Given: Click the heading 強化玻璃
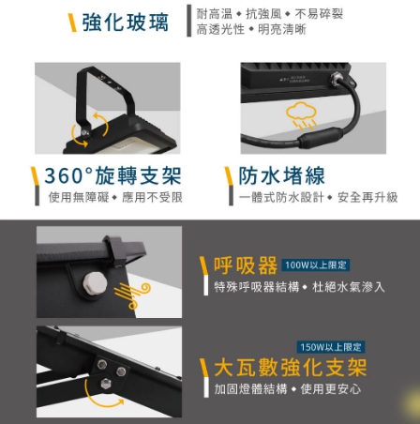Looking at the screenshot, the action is pos(126,23).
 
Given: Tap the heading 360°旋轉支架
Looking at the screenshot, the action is pos(112,175).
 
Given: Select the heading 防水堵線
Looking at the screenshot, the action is pos(282,175).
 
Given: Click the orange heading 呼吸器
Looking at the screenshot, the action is pos(246,265).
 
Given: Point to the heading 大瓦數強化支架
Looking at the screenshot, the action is pos(291,368).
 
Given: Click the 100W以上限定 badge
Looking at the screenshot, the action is pos(316,265).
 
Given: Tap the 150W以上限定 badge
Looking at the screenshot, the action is pos(331,347).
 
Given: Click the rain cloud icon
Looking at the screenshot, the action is pos(301,115).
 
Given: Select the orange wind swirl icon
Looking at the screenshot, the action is pos(132,295).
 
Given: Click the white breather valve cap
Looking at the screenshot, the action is pos(95,282).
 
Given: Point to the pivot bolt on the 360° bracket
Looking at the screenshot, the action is pos(84,133).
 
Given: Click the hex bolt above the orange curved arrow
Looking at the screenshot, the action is pos(106,384).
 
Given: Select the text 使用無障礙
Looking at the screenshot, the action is pos(79,197).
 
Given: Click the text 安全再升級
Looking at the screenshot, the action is pos(367,197).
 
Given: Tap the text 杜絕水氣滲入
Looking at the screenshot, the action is pos(349,287).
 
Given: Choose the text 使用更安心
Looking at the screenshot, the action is pos(331,389).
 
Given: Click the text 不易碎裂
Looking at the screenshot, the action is pos(319,14).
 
